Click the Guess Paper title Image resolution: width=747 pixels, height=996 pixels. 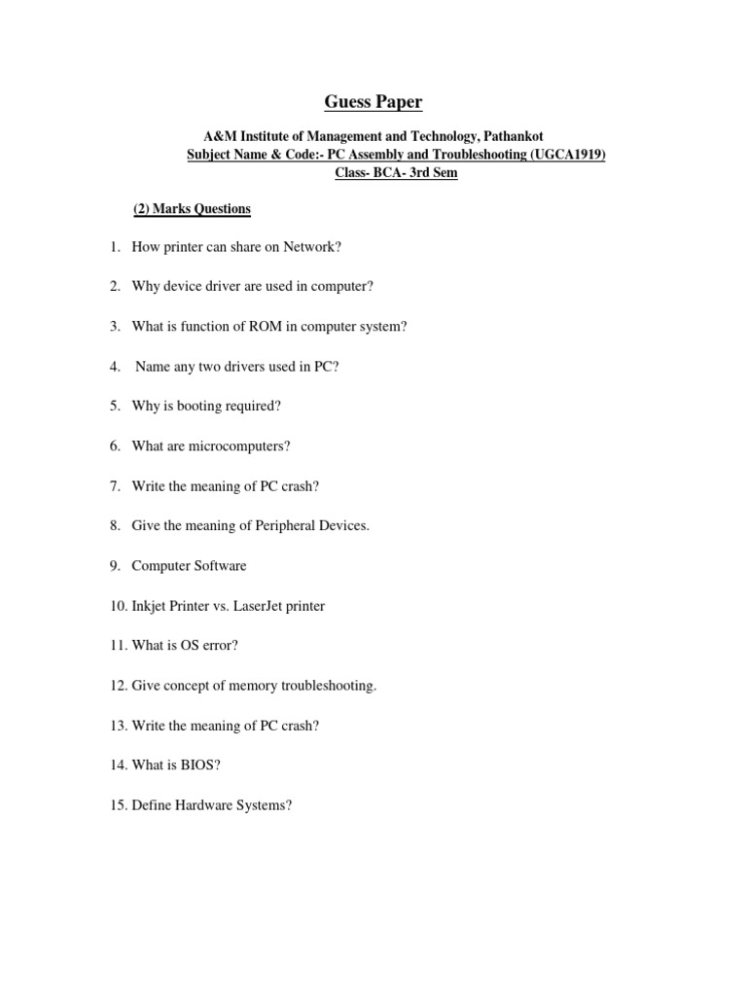[373, 102]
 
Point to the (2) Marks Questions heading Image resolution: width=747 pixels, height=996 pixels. [192, 209]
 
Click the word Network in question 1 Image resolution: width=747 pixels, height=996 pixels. [308, 247]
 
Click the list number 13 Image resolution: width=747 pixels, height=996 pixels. [117, 726]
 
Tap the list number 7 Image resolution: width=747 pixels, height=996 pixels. [114, 486]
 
